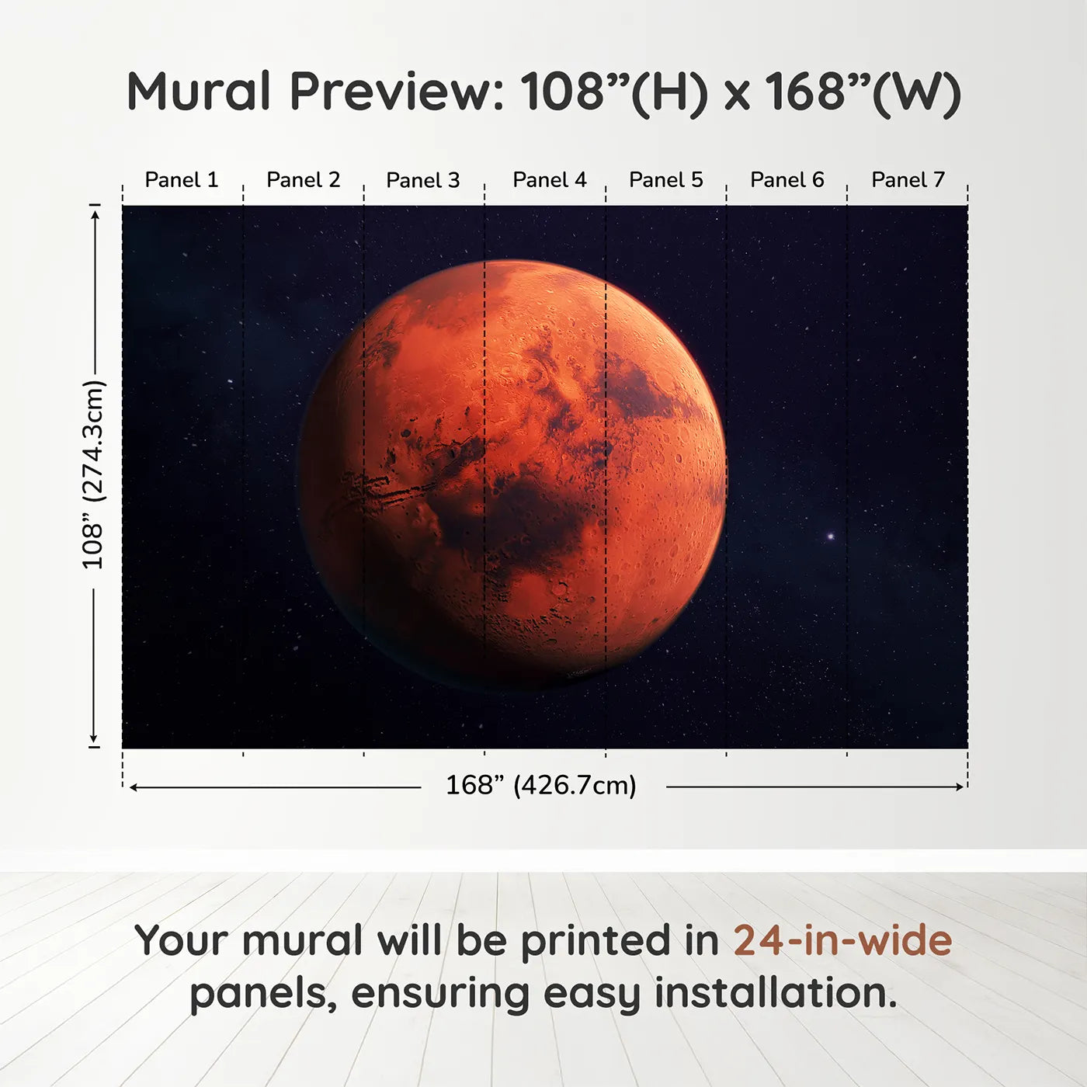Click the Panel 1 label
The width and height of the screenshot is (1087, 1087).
pos(182,180)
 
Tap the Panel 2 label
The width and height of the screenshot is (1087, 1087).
pos(304,180)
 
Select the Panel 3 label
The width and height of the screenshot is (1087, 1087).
pos(423,180)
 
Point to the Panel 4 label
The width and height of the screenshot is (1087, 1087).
pos(550,180)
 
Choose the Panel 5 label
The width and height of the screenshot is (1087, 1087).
pos(666,180)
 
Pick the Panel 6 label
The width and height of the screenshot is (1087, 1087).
pos(787,180)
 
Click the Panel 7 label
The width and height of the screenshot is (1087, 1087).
pos(908,180)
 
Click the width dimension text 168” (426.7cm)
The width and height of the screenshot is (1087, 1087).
pos(541,786)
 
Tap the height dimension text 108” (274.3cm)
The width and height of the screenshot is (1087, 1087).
pos(93,474)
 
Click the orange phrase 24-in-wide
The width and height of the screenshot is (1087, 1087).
pos(842,941)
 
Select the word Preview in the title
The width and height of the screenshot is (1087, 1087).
pos(397,92)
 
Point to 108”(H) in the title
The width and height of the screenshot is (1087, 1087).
pos(614,92)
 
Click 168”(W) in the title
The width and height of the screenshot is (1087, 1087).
pos(863,92)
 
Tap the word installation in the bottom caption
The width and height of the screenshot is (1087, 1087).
pos(775,993)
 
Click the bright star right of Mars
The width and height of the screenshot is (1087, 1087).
pos(831,536)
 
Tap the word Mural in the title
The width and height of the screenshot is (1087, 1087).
pos(198,92)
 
